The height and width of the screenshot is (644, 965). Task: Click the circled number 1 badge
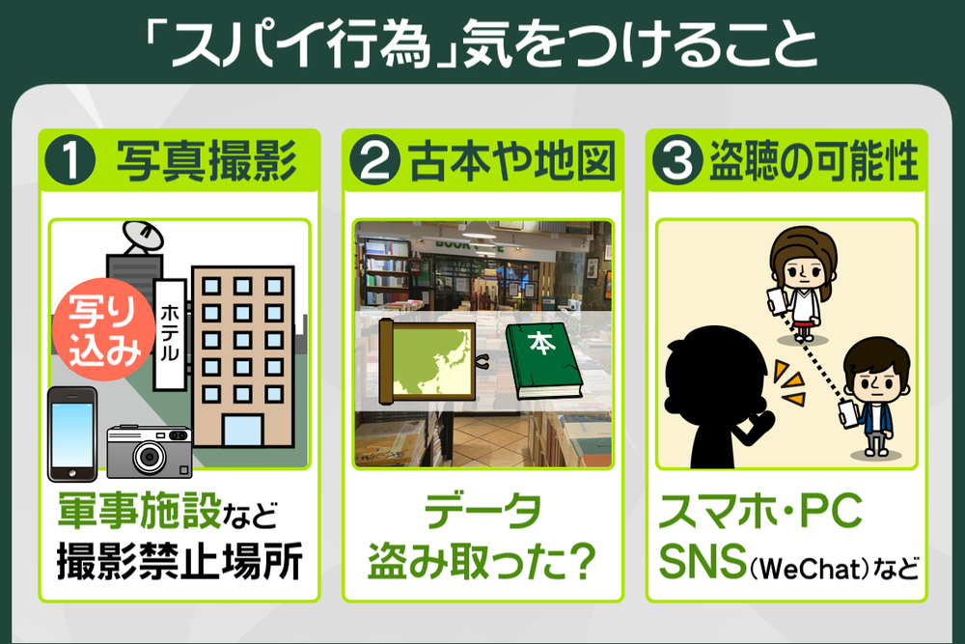pyautogui.click(x=70, y=161)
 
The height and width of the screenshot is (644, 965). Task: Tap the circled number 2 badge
pyautogui.click(x=374, y=161)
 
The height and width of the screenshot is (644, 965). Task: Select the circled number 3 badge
pyautogui.click(x=677, y=161)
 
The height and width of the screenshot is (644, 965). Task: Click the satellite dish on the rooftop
pyautogui.click(x=142, y=238)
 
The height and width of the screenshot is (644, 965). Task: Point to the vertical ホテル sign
pyautogui.click(x=169, y=334)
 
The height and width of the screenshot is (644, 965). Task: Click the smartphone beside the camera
pyautogui.click(x=72, y=434)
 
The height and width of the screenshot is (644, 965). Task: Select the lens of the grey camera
pyautogui.click(x=149, y=457)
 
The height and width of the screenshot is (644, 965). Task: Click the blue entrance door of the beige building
pyautogui.click(x=242, y=431)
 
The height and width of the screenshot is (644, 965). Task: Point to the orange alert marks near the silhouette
pyautogui.click(x=789, y=382)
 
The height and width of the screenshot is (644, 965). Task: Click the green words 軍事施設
pyautogui.click(x=140, y=511)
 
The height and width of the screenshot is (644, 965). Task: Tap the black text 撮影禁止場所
pyautogui.click(x=179, y=562)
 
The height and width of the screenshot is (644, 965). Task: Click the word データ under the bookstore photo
pyautogui.click(x=483, y=511)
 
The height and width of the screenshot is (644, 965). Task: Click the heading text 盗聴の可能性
pyautogui.click(x=814, y=161)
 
